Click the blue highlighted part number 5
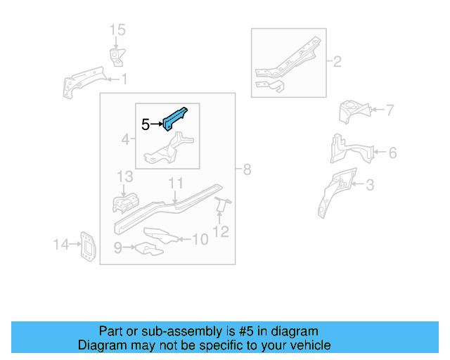coord(176,117)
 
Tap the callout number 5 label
coord(146,125)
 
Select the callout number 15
coord(117,30)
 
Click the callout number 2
coord(337,62)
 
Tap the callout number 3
coord(370,186)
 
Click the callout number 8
coord(247,169)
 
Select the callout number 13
coord(124,176)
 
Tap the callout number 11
coord(175,184)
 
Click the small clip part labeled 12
coord(222,205)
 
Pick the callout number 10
coord(200,240)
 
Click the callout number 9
coord(119,247)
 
